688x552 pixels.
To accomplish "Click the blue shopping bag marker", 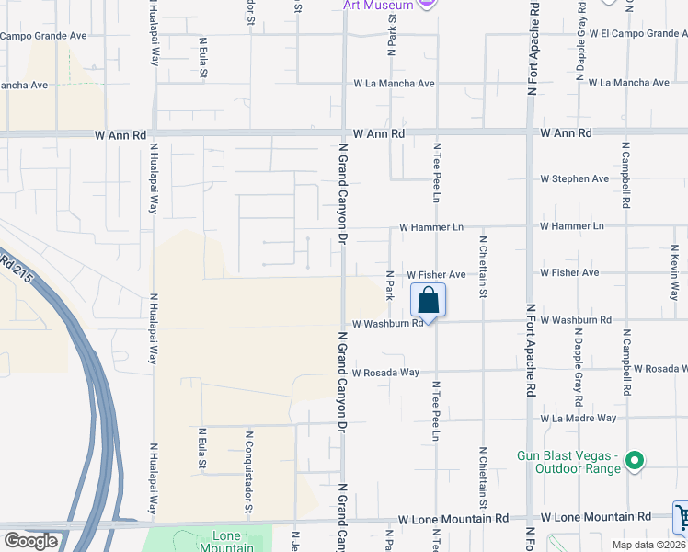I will point(428,301).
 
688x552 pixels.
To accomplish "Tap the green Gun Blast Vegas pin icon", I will point(634,460).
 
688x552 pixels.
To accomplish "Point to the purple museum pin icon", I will point(426,4).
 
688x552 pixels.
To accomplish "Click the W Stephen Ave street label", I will point(574,178).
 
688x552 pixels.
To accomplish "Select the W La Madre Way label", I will point(578,418).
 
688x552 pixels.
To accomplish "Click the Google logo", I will point(30,541).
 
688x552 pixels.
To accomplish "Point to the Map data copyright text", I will point(649,545).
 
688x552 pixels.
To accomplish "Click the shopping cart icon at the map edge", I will point(682,517).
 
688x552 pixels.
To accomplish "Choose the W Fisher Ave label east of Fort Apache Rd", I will point(569,273).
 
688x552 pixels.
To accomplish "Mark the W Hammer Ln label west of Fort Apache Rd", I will point(431,226).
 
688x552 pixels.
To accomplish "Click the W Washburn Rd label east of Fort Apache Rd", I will point(576,320).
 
